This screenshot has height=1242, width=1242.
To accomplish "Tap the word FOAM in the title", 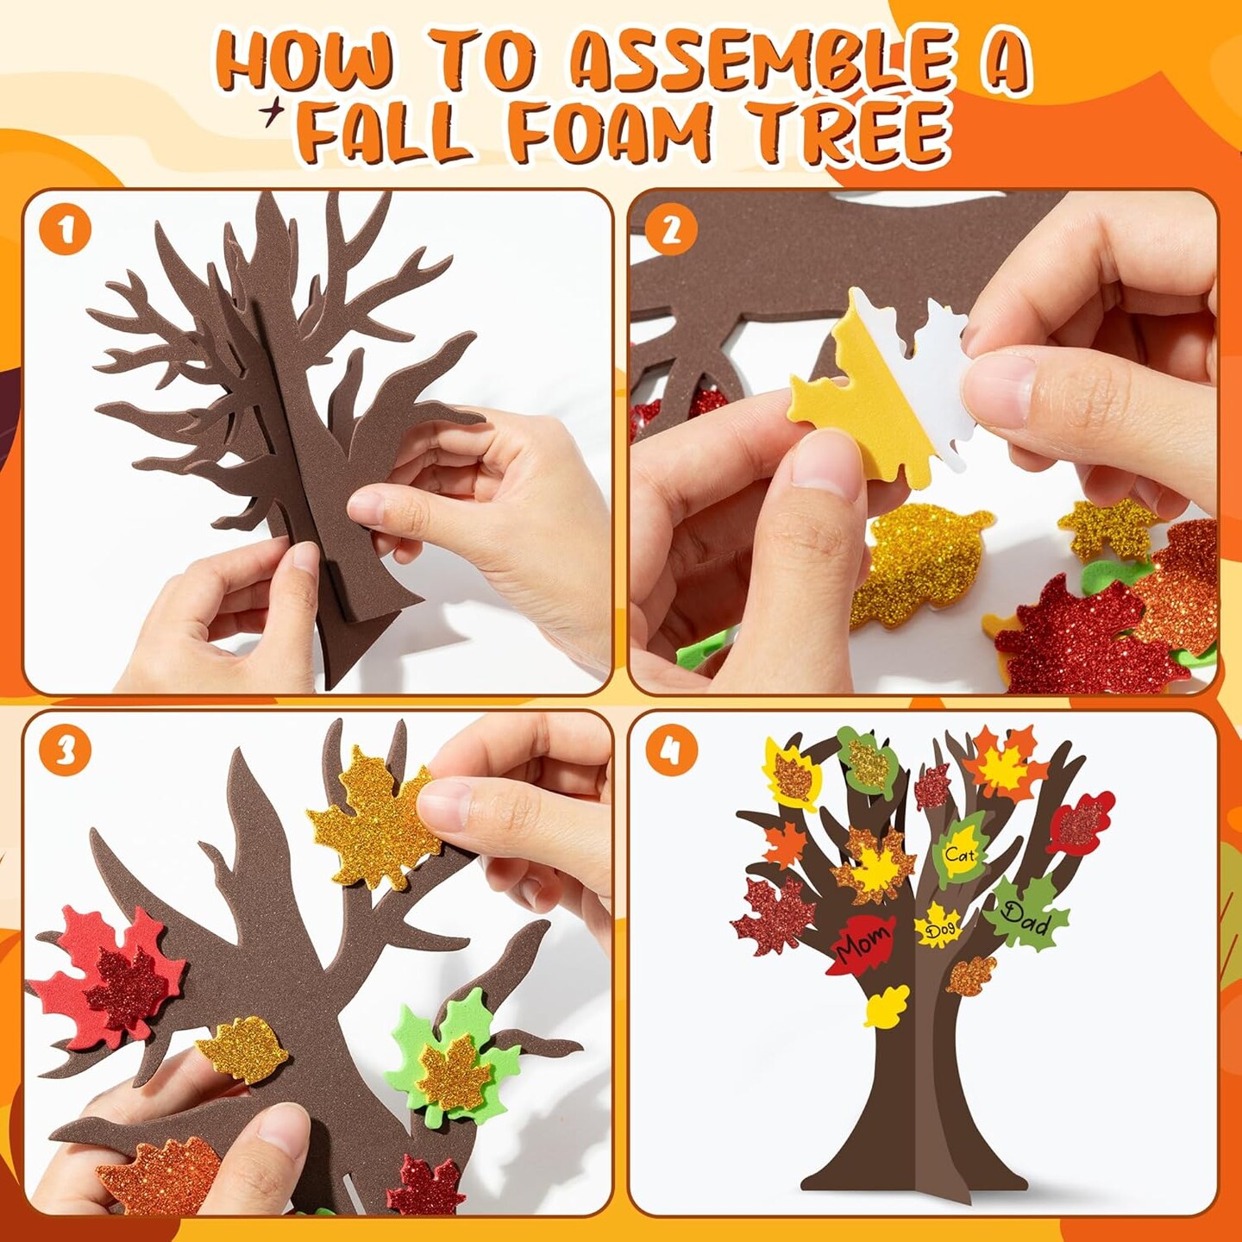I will [608, 134].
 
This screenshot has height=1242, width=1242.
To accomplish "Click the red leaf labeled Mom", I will [862, 944].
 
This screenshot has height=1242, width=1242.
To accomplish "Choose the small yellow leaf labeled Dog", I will [938, 927].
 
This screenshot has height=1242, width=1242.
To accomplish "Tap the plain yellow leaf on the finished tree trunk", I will [887, 1006].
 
